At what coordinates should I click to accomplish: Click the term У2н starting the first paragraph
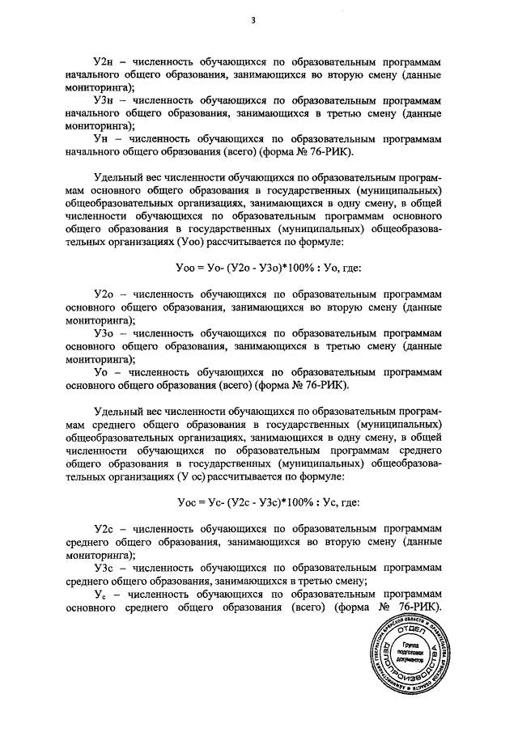point(105,62)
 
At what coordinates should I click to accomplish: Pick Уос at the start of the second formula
point(186,501)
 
